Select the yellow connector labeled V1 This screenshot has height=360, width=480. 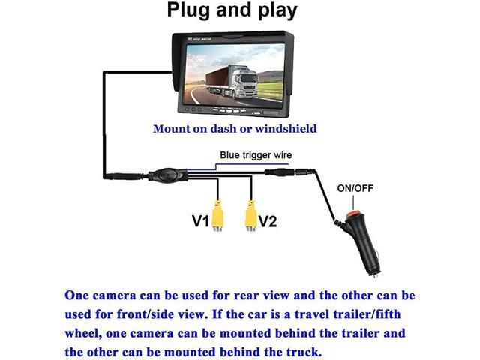pyautogui.click(x=217, y=217)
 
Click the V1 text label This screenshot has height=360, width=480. pyautogui.click(x=198, y=221)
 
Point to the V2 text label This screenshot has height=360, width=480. pyautogui.click(x=268, y=221)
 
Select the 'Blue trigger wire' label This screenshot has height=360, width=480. pyautogui.click(x=255, y=155)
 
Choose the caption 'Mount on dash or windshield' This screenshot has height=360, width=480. pyautogui.click(x=235, y=128)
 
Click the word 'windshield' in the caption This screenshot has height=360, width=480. pyautogui.click(x=286, y=128)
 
